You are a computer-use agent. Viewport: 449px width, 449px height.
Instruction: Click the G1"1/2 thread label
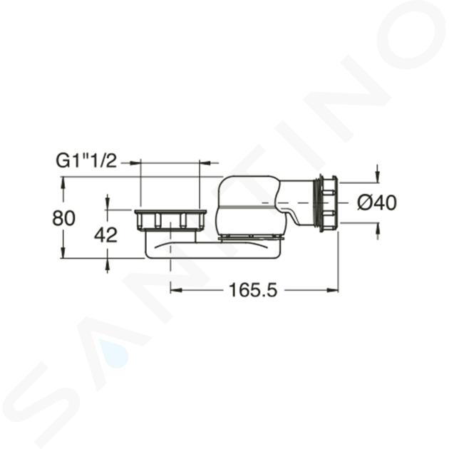tap(86, 162)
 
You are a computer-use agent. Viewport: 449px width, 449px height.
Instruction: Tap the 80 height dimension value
tap(63, 218)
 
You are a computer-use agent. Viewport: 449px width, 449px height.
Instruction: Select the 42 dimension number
tap(106, 235)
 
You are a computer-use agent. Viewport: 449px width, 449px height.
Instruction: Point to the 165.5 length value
tap(253, 290)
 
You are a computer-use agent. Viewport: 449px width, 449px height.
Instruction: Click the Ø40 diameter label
tap(377, 202)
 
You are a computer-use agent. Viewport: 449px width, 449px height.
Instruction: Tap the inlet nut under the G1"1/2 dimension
tap(170, 220)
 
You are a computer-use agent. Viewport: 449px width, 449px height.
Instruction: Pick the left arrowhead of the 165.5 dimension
tap(176, 290)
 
